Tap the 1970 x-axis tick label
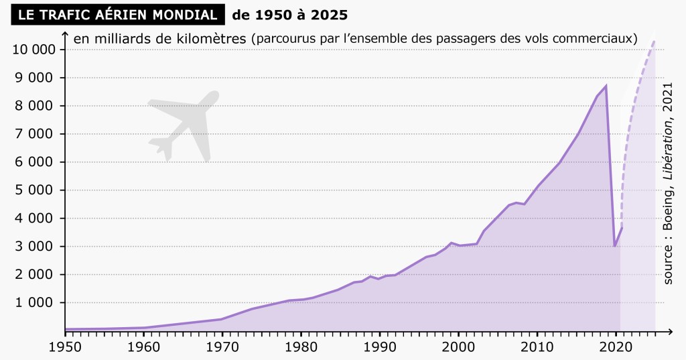(x=222, y=347)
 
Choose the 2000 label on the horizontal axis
(x=459, y=347)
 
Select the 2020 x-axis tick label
(x=616, y=347)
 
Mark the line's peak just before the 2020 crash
(x=606, y=86)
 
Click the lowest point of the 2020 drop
(x=615, y=246)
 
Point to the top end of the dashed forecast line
(x=654, y=41)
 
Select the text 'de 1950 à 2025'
(x=289, y=14)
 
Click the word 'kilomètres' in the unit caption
(x=212, y=38)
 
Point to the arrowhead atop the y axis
(x=64, y=34)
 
